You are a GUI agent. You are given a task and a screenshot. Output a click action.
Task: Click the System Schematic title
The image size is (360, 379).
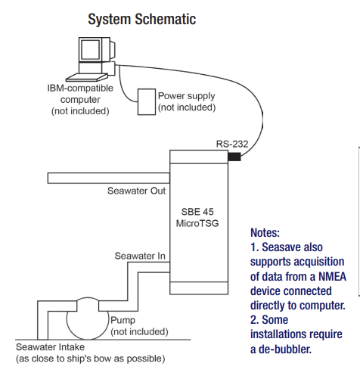click(142, 20)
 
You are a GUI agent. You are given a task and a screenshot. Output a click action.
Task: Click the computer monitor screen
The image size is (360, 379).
click(90, 49)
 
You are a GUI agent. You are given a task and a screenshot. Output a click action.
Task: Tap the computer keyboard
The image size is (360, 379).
click(87, 77)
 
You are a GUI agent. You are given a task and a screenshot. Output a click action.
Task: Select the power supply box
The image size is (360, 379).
click(147, 102)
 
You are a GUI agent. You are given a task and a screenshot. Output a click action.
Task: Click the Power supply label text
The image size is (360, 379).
click(187, 96)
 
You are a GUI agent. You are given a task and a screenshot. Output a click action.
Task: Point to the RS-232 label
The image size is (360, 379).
click(232, 144)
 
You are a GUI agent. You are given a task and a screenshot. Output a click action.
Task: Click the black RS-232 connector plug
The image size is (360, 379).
click(234, 157)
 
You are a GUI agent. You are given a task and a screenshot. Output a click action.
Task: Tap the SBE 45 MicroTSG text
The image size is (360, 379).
click(197, 217)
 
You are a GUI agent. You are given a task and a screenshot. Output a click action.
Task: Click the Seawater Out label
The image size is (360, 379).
click(136, 191)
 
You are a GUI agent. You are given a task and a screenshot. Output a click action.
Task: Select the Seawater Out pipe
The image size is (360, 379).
click(109, 178)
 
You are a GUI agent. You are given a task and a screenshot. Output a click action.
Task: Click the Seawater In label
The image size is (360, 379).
click(140, 256)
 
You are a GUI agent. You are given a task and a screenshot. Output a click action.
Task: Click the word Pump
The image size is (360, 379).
click(123, 321)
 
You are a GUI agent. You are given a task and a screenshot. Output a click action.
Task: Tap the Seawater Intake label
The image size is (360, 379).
click(50, 347)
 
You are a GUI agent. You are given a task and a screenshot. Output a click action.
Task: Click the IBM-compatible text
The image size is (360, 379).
click(80, 89)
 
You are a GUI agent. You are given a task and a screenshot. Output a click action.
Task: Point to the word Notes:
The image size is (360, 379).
click(265, 232)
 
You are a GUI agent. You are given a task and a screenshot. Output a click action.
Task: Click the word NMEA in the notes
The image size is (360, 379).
click(332, 277)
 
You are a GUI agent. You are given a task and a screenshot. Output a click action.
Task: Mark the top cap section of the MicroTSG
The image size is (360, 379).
click(199, 157)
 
